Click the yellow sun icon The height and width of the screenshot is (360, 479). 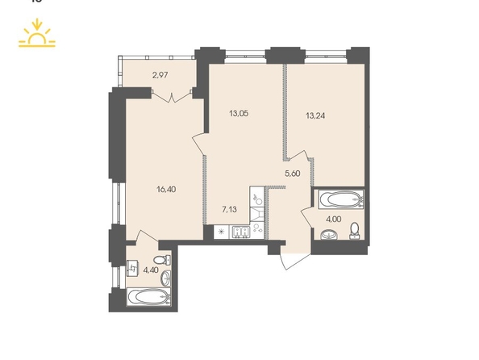pyautogui.click(x=37, y=34)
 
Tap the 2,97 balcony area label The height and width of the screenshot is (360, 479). pyautogui.click(x=160, y=75)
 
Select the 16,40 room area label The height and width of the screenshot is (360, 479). pyautogui.click(x=166, y=190)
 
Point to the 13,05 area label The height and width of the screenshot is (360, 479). pyautogui.click(x=239, y=114)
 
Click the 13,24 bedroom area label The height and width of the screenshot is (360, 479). pyautogui.click(x=315, y=115)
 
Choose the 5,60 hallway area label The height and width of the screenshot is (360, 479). pyautogui.click(x=293, y=174)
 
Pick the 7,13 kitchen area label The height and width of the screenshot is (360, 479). pyautogui.click(x=229, y=210)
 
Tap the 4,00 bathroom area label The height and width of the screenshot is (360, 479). pyautogui.click(x=334, y=219)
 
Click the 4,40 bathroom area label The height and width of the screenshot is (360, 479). pyautogui.click(x=151, y=270)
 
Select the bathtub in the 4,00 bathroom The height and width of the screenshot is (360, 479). pyautogui.click(x=341, y=199)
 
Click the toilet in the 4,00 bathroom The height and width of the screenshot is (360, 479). pyautogui.click(x=355, y=231)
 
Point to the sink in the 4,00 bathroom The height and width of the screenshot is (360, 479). pyautogui.click(x=329, y=235)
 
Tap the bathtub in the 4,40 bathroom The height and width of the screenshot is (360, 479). pyautogui.click(x=148, y=296)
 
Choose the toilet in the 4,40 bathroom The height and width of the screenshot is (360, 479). pyautogui.click(x=162, y=260)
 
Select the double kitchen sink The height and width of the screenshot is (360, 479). pyautogui.click(x=241, y=232)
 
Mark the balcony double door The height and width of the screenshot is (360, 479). pyautogui.click(x=172, y=96)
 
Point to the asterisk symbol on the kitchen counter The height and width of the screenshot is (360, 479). pyautogui.click(x=222, y=232)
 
